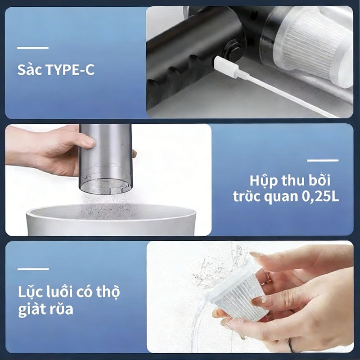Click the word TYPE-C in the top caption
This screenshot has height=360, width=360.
pos(70,70)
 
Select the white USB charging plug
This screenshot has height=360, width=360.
pos(226,67)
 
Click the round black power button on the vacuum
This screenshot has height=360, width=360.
pos(234,51)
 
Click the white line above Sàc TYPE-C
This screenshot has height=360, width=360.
pos(33,48)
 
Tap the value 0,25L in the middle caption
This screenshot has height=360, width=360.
pos(320,197)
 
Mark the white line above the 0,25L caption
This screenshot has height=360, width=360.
pos(323,160)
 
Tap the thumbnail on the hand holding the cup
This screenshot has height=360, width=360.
pos(88,143)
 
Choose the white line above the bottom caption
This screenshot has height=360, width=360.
pos(33,269)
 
